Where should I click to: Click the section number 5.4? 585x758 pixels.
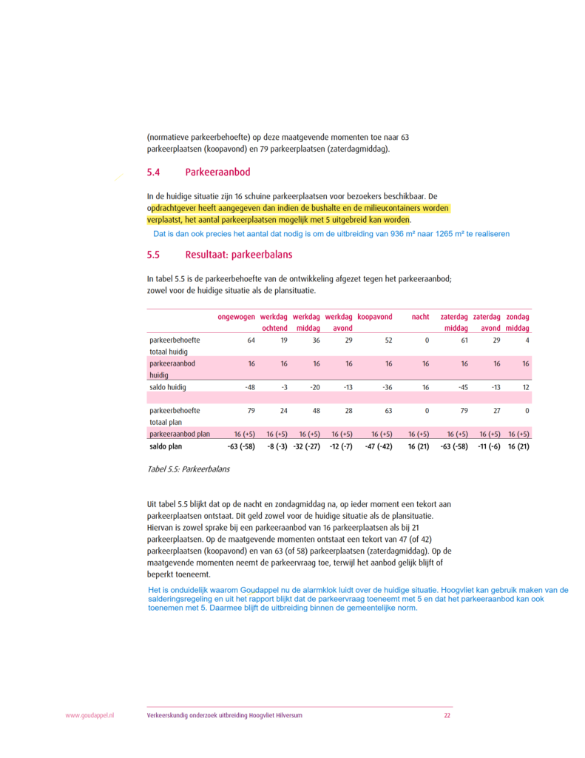[x=153, y=172]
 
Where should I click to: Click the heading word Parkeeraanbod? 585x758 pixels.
[x=217, y=172]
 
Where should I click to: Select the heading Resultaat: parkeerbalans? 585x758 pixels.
[x=238, y=255]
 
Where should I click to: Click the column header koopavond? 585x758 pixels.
[x=374, y=317]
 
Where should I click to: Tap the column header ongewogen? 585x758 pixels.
[x=236, y=317]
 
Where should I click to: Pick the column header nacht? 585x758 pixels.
[x=420, y=317]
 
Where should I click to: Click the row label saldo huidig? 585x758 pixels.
[x=168, y=387]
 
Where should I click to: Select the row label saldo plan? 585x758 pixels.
[x=166, y=447]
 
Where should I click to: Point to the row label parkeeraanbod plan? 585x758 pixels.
[x=180, y=435]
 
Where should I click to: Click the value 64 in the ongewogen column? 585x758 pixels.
[x=250, y=341]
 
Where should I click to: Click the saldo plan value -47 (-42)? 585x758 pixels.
[x=379, y=447]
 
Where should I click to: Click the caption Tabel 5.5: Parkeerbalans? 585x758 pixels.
[x=189, y=469]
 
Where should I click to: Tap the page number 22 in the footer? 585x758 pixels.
[x=447, y=716]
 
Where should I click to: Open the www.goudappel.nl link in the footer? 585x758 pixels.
[x=89, y=716]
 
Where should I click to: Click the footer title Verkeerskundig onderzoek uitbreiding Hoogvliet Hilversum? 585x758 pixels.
[x=224, y=716]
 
